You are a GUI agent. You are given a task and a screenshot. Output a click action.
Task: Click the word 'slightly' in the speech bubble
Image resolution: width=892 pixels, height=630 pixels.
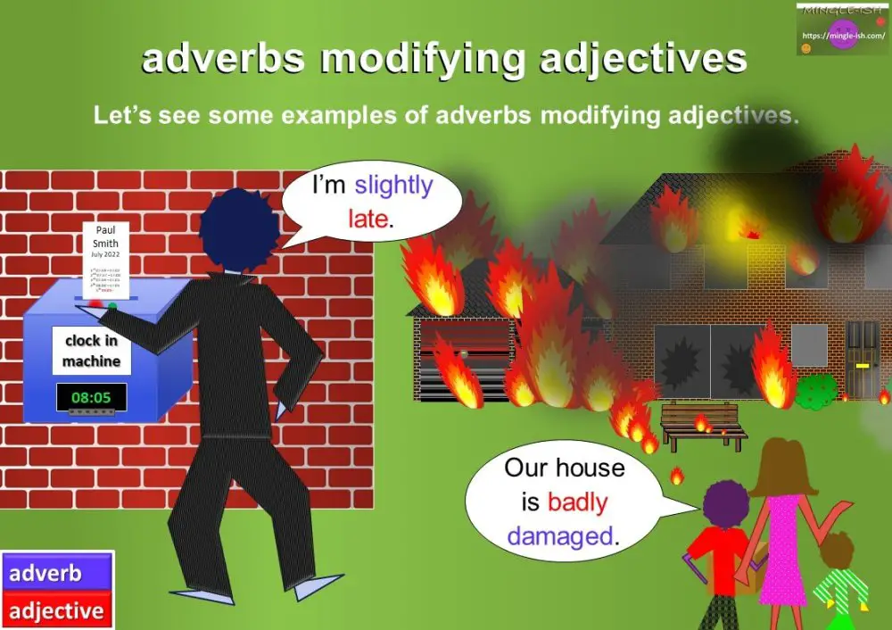(x=393, y=187)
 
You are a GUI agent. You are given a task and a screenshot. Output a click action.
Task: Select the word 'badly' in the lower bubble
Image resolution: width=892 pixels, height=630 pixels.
(x=577, y=502)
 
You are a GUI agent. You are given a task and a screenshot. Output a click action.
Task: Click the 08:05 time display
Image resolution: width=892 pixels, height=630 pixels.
(x=91, y=395)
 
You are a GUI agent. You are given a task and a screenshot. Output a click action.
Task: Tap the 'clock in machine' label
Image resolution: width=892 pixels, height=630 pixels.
(x=91, y=351)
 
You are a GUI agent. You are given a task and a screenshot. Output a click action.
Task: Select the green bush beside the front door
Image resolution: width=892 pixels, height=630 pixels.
(x=816, y=390)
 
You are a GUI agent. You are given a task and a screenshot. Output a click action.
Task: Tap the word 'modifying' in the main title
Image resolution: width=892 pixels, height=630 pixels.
(x=444, y=60)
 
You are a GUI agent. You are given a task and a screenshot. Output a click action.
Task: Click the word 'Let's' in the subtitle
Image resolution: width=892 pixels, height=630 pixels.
(x=121, y=116)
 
